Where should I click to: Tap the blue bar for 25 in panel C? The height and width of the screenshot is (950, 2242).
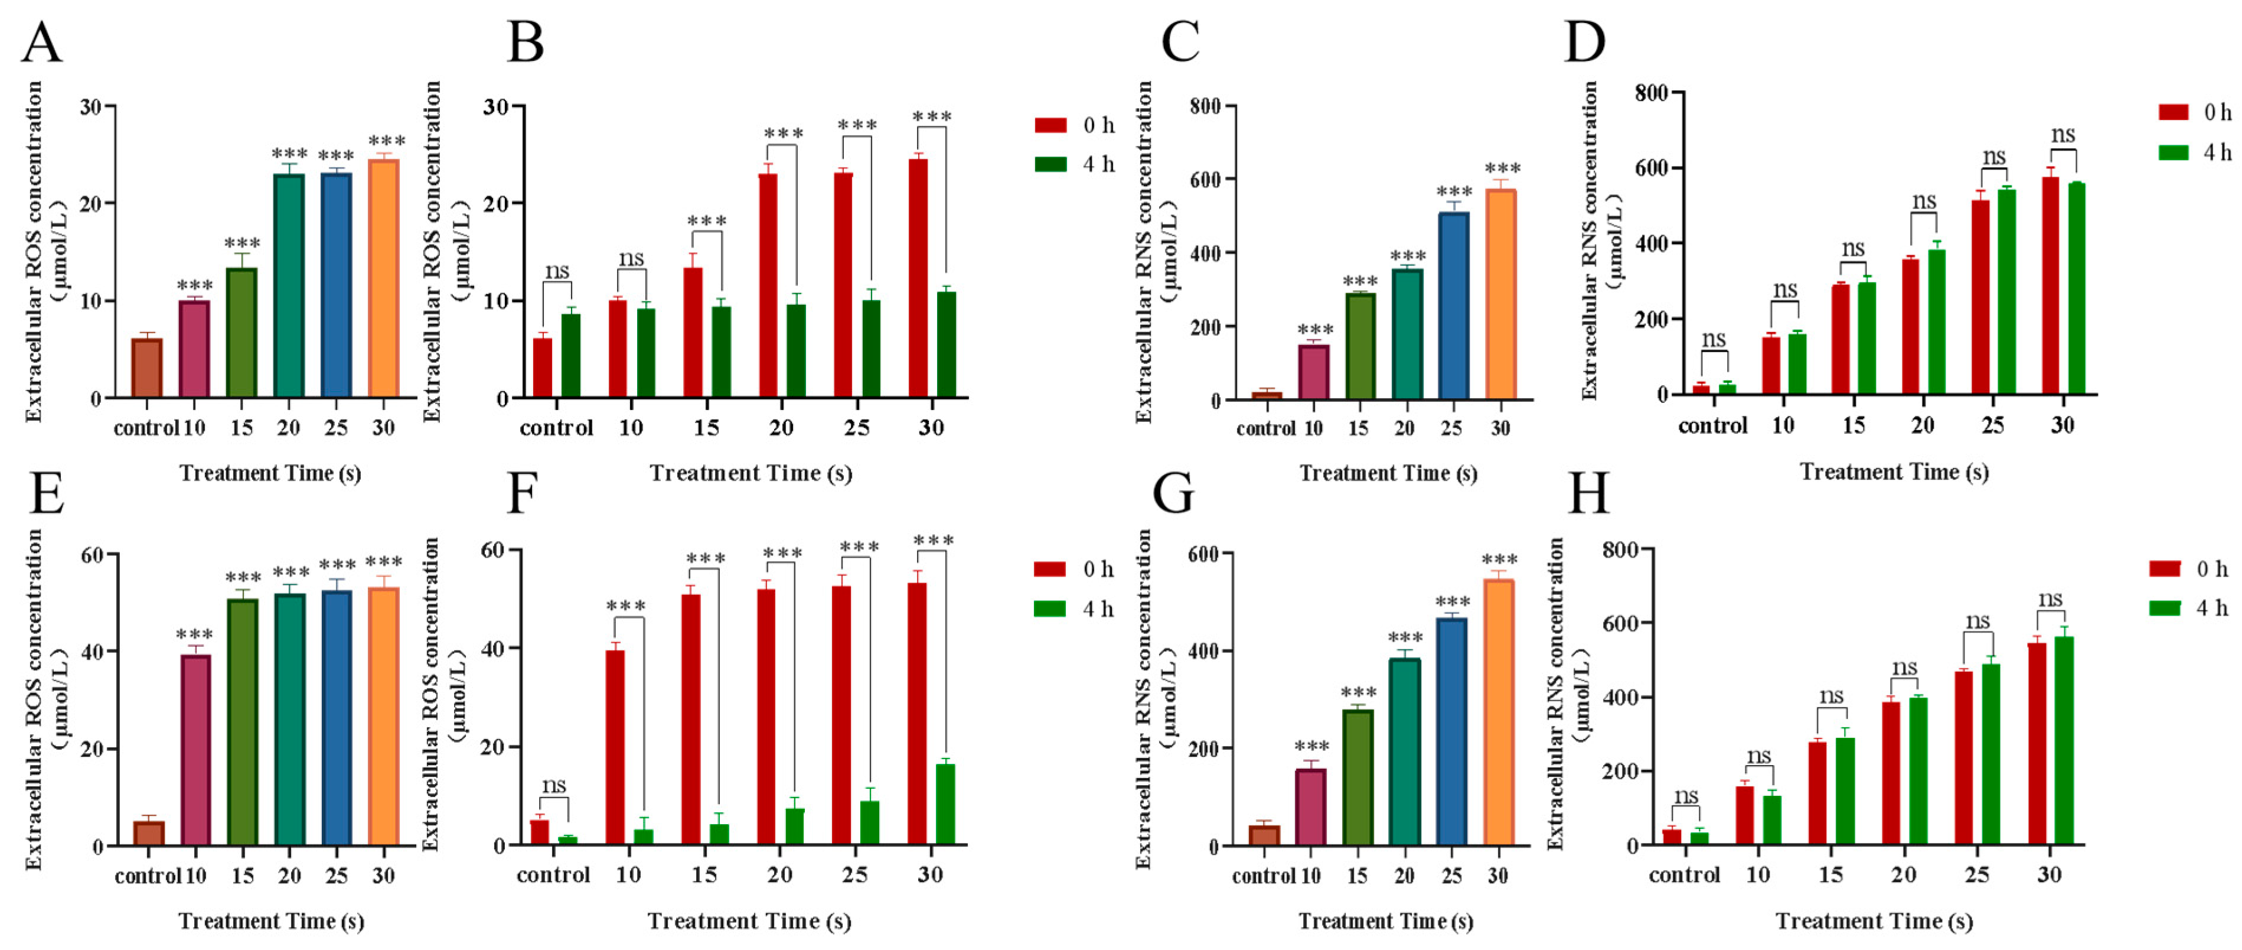pyautogui.click(x=1454, y=307)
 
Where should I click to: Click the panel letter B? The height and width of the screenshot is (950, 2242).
pyautogui.click(x=525, y=44)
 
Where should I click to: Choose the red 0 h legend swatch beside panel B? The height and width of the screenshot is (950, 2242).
pyautogui.click(x=1050, y=125)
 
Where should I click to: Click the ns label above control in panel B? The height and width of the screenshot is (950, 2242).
pyautogui.click(x=557, y=271)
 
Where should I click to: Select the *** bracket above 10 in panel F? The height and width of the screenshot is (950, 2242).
pyautogui.click(x=626, y=606)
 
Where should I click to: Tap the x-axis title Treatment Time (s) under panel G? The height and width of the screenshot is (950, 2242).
pyautogui.click(x=1386, y=921)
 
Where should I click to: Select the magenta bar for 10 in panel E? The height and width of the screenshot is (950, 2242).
pyautogui.click(x=196, y=750)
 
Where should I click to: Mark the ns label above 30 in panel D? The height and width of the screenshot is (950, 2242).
pyautogui.click(x=2062, y=135)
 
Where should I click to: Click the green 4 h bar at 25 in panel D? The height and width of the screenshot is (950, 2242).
pyautogui.click(x=2007, y=292)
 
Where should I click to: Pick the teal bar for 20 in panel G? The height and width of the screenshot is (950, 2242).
pyautogui.click(x=1405, y=751)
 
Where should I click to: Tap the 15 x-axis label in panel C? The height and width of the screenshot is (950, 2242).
pyautogui.click(x=1357, y=428)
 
